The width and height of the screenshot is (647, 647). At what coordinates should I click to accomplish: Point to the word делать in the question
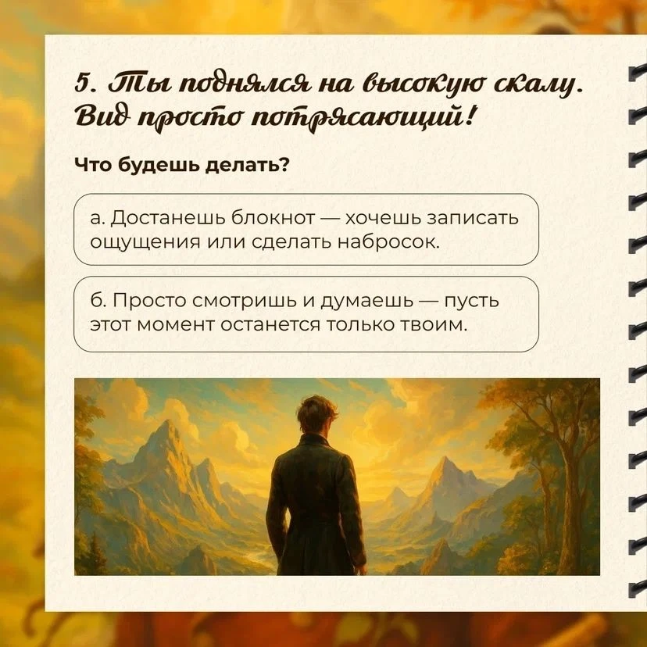[244, 165]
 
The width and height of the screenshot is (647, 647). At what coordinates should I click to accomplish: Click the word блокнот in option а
[273, 217]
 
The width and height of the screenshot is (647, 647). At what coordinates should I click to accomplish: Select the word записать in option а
[472, 217]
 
